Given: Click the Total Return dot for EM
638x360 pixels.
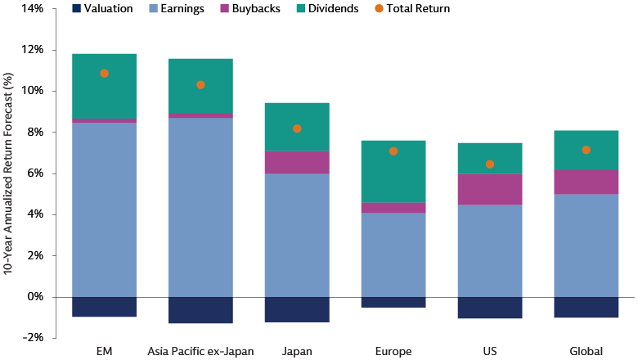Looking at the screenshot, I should tap(104, 74).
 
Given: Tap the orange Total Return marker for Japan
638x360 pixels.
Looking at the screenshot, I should tap(297, 128).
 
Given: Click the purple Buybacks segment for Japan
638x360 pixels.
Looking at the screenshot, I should tap(297, 162).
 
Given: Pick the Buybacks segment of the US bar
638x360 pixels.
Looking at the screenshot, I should tap(490, 190).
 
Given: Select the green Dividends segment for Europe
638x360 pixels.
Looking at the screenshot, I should tap(393, 171).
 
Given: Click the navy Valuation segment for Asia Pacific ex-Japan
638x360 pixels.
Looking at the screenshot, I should tap(200, 310).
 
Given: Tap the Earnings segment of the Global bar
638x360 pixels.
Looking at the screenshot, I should tap(586, 245).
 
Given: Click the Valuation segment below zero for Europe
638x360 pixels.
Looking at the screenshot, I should tap(393, 302).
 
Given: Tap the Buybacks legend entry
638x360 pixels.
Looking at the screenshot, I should tap(280, 9).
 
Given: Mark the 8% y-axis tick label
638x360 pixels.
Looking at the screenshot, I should tap(34, 133).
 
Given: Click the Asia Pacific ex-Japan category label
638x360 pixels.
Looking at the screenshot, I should tap(200, 352).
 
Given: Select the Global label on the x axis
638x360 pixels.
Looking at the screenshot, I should tap(586, 352).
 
